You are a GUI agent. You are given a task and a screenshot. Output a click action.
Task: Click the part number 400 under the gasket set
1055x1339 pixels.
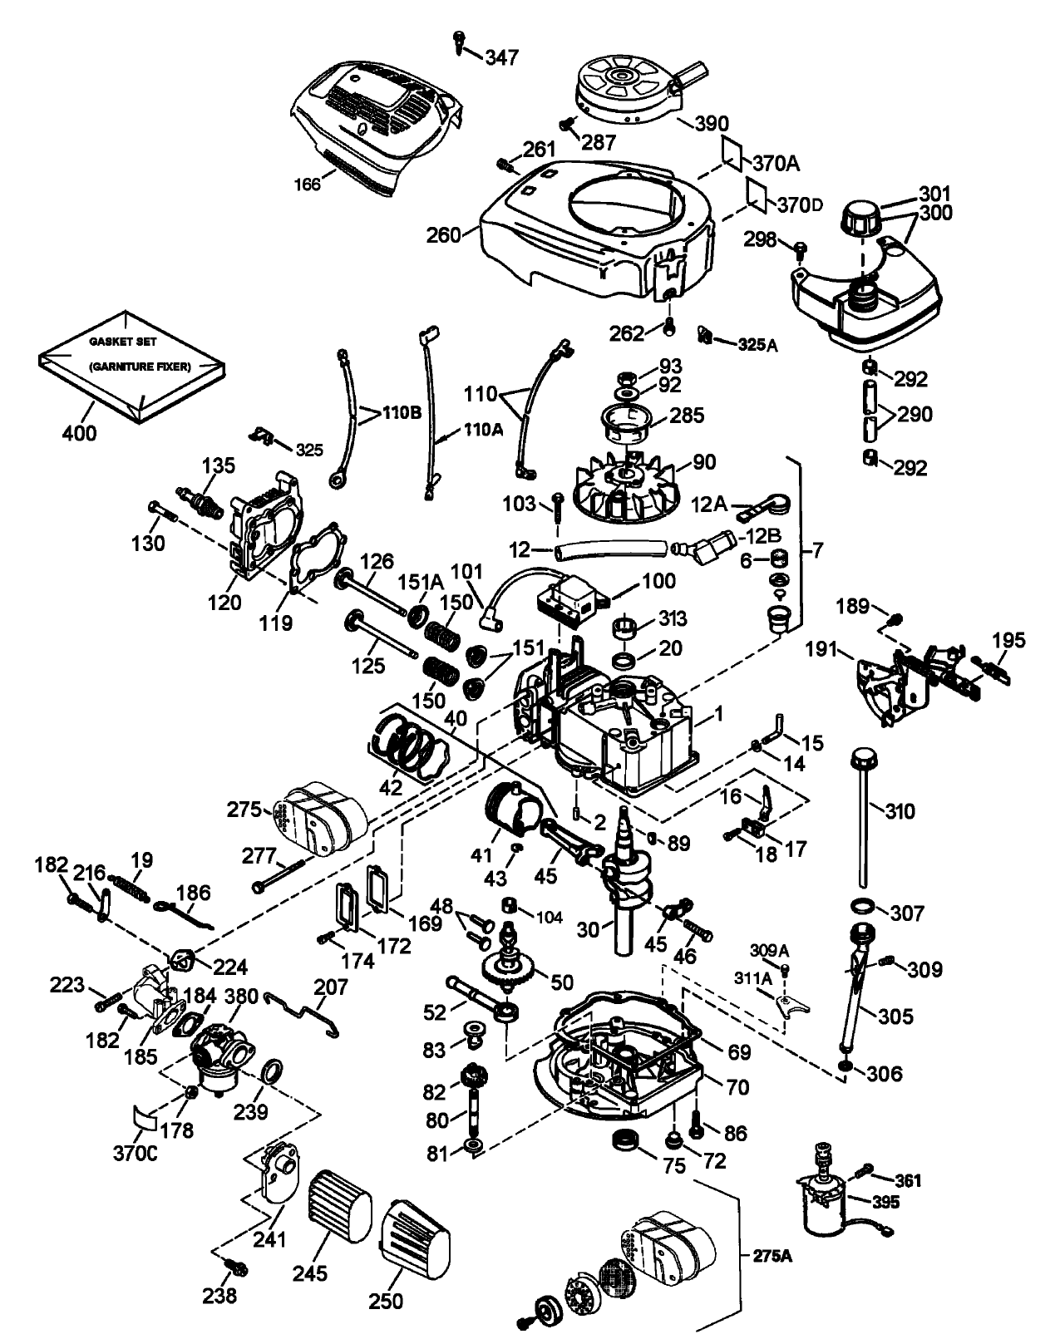[x=79, y=432]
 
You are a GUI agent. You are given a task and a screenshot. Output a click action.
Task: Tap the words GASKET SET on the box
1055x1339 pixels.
[x=123, y=342]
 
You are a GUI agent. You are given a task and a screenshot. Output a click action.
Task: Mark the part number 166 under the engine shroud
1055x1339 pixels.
[x=308, y=184]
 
